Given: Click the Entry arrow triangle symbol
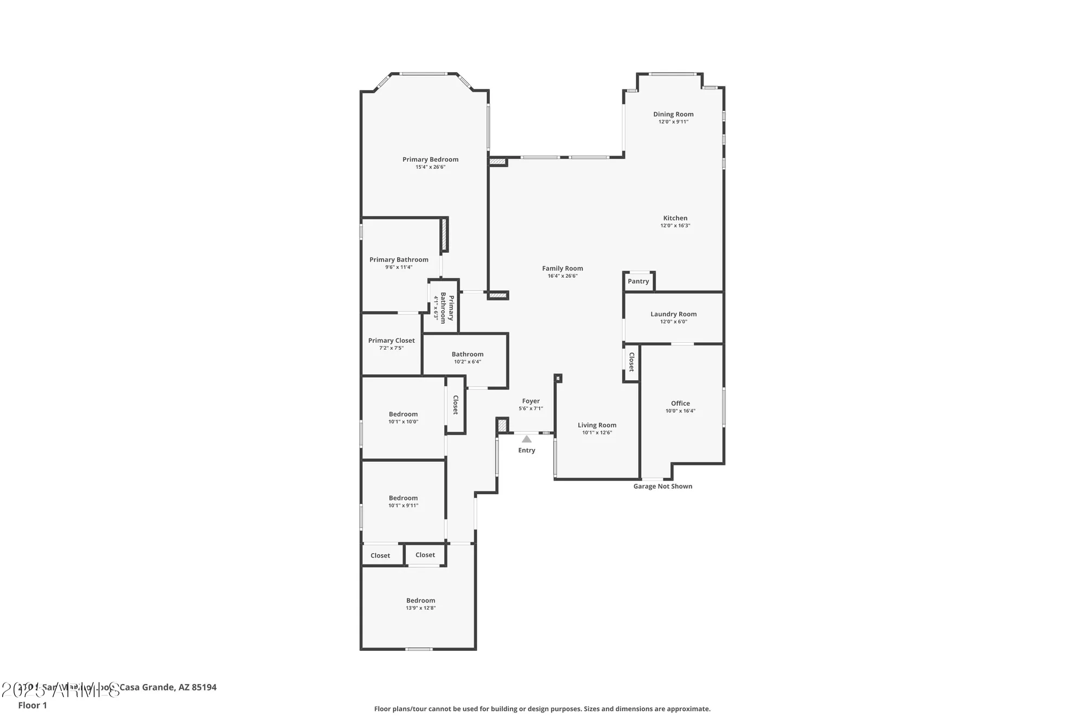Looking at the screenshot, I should (x=527, y=439).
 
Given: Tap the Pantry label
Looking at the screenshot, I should (x=638, y=281).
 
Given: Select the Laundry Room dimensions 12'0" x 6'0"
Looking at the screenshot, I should (x=673, y=322).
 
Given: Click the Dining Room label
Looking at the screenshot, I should (x=673, y=114).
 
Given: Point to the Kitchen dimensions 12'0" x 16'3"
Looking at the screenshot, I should (x=675, y=226).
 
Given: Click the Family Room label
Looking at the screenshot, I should (x=563, y=268).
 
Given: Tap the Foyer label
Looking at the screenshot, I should (x=531, y=401).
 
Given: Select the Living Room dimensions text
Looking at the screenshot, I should (x=597, y=433).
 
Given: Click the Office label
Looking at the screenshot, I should (x=680, y=404).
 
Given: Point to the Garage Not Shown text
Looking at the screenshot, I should (x=662, y=487).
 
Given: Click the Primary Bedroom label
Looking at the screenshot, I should (x=430, y=159).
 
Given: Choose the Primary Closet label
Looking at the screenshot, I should (x=391, y=341).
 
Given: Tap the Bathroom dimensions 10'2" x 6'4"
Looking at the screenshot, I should (x=467, y=362).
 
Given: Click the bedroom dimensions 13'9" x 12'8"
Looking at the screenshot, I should (x=420, y=608).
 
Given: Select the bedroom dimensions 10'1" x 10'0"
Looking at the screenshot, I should (x=403, y=422).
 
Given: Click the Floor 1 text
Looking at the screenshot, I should (x=33, y=705).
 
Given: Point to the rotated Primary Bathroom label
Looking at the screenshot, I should (x=446, y=308).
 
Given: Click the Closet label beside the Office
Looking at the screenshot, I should (x=631, y=362).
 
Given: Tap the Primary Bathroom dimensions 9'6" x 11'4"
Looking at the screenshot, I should (x=399, y=267).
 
